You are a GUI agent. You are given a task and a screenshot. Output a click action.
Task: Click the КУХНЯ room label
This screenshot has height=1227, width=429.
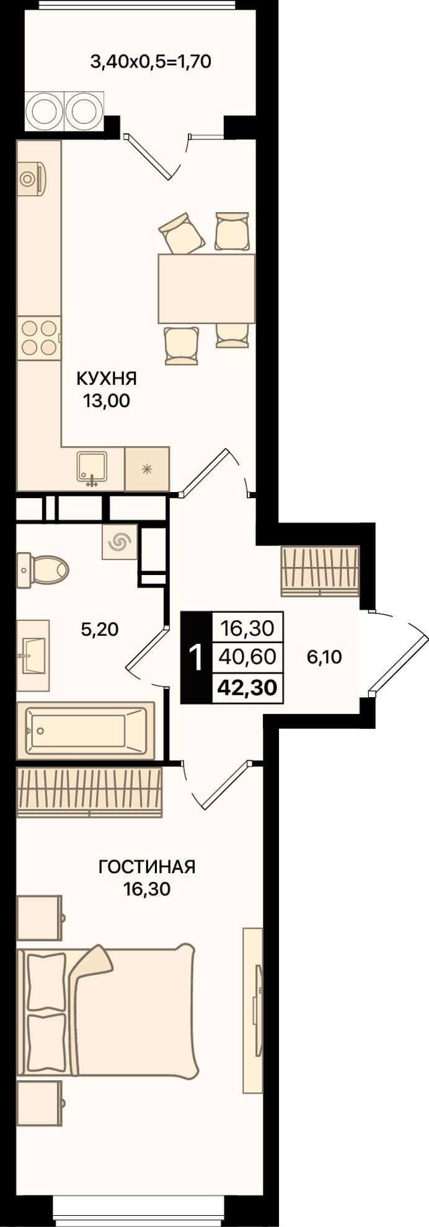click(106, 378)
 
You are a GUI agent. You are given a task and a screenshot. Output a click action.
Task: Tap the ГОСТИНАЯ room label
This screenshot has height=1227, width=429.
click(147, 867)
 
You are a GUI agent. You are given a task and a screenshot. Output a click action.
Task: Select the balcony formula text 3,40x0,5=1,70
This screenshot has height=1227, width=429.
click(151, 61)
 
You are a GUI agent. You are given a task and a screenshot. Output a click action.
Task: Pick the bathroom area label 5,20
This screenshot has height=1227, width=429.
click(99, 630)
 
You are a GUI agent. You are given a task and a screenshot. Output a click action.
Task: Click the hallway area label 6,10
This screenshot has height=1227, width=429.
click(324, 657)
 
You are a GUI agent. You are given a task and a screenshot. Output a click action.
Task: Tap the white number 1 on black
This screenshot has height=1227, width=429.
click(195, 657)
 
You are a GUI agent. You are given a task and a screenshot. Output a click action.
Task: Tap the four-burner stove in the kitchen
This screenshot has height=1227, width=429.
click(39, 338)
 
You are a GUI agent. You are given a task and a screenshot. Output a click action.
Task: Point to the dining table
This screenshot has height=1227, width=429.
click(206, 289)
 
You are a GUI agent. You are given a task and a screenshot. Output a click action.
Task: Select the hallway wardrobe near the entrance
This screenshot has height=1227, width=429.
click(320, 571)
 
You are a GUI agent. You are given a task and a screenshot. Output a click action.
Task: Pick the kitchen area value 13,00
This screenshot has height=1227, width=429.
click(107, 401)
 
